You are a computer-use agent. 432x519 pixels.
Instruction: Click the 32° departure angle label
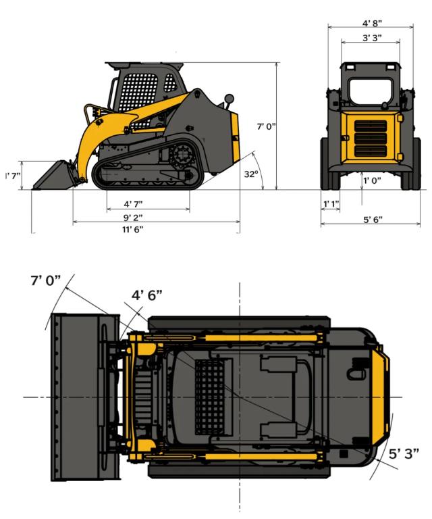(x=251, y=174)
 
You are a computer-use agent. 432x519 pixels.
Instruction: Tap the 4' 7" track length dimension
(x=133, y=204)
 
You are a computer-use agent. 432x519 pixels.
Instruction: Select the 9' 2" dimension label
(x=133, y=218)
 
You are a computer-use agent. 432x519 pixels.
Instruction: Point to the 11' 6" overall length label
(x=133, y=229)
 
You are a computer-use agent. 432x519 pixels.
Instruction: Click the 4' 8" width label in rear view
(x=372, y=23)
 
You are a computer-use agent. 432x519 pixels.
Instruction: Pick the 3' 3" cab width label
(x=372, y=38)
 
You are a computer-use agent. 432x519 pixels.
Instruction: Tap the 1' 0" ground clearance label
(x=372, y=180)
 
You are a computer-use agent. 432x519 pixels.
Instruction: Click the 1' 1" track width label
(x=331, y=204)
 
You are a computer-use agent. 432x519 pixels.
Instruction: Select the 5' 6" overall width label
(x=373, y=220)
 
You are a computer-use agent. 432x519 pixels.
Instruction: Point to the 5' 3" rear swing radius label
(x=404, y=453)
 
